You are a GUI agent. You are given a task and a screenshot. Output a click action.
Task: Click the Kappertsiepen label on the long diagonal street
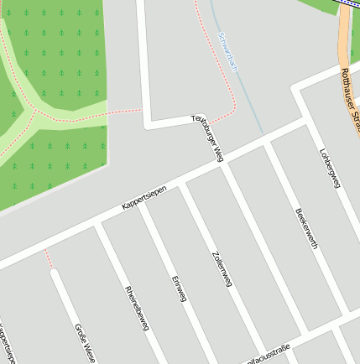(143, 197)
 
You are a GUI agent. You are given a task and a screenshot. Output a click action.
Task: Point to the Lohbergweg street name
(330, 169)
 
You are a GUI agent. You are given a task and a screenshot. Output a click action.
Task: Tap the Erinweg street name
(179, 287)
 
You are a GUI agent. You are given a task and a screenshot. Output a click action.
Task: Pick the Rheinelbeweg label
(136, 308)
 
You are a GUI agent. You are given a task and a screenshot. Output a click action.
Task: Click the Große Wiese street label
(85, 341)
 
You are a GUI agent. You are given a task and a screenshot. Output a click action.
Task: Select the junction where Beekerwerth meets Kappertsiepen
(267, 144)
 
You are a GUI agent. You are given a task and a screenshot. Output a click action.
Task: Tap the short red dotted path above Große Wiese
(48, 257)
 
